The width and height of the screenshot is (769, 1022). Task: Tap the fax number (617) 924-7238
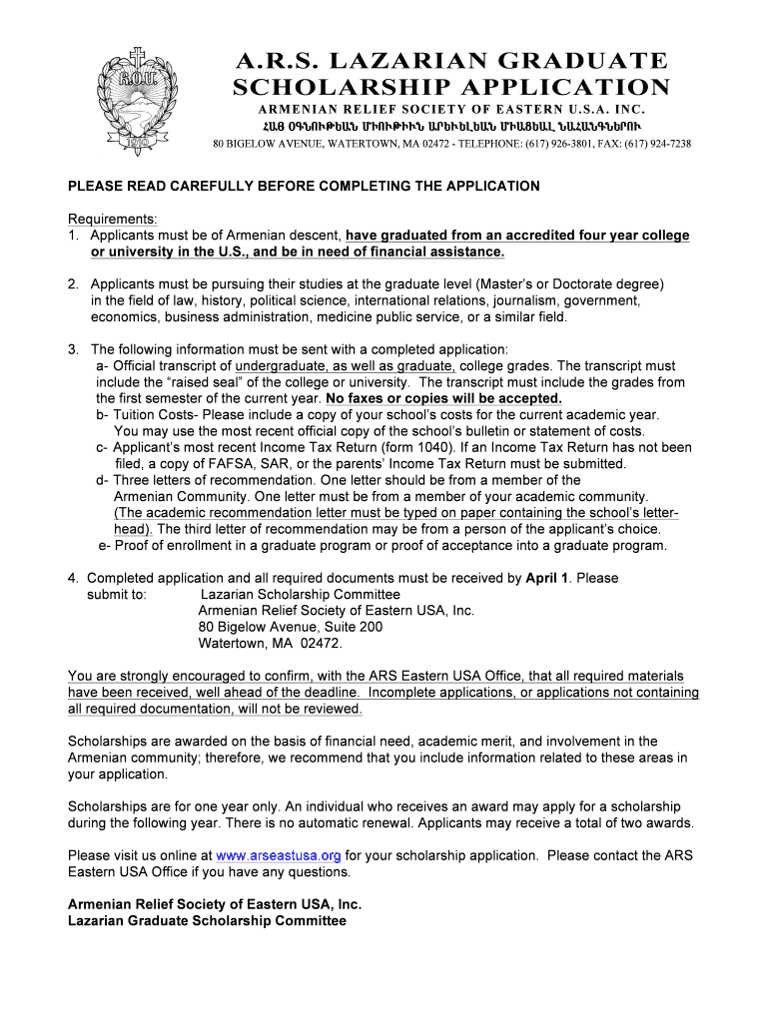(653, 144)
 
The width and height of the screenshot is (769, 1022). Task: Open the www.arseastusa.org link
(279, 855)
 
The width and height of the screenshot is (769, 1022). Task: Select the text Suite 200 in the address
(349, 627)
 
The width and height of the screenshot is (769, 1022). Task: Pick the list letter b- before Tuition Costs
(103, 414)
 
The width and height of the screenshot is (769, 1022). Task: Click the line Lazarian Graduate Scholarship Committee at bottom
(200, 920)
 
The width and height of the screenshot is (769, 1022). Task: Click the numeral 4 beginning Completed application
(72, 578)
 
